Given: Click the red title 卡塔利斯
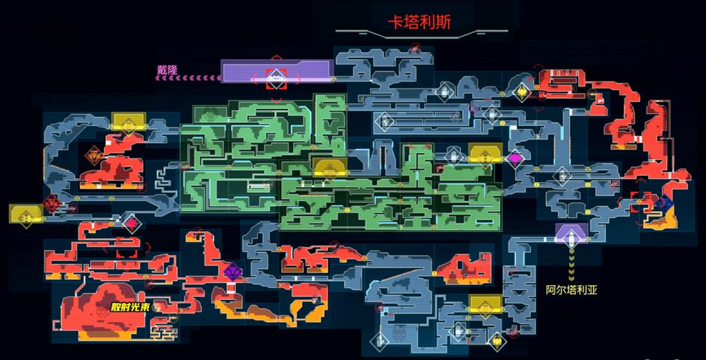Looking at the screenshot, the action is coord(419,22).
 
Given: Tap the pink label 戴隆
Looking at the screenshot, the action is coord(167,70).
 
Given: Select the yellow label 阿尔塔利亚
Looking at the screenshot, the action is coord(571,289).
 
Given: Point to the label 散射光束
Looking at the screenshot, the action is coord(130,307).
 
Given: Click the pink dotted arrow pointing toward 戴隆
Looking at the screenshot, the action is coord(188,78).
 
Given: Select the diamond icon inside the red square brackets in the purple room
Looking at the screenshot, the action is coord(277,79).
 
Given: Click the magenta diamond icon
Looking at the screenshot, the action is coord(515,158).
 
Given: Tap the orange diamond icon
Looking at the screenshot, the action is coord(95,156).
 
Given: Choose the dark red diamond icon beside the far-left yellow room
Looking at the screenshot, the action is coord(52,204).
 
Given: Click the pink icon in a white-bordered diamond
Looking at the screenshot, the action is coord(131,223).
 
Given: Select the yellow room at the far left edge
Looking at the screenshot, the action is coord(26,215).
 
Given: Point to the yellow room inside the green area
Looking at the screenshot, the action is coord(331,167).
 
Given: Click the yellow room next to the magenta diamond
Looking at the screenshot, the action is coord(486,153).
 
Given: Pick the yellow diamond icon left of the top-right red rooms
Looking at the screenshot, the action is coord(522,92).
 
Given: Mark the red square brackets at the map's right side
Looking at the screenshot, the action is coord(641,201).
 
